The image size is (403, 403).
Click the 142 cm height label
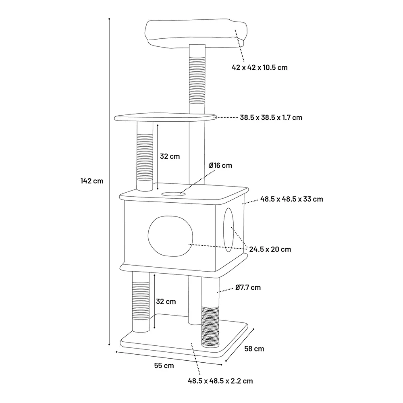[92, 181]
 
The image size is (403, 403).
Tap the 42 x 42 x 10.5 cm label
[260, 67]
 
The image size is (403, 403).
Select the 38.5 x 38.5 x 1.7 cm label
[271, 118]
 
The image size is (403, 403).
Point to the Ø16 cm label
[220, 165]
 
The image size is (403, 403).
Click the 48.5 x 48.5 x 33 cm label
[291, 199]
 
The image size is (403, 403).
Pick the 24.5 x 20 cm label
[270, 249]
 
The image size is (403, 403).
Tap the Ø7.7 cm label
[248, 287]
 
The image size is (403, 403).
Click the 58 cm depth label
[254, 349]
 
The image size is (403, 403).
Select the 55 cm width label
[164, 366]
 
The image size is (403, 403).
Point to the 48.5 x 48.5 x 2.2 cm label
[220, 381]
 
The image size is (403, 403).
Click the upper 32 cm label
[170, 156]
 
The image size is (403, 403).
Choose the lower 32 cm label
[166, 301]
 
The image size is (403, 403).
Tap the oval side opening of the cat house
[229, 230]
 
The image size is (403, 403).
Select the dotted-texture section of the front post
[210, 326]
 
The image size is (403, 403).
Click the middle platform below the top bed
[165, 117]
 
